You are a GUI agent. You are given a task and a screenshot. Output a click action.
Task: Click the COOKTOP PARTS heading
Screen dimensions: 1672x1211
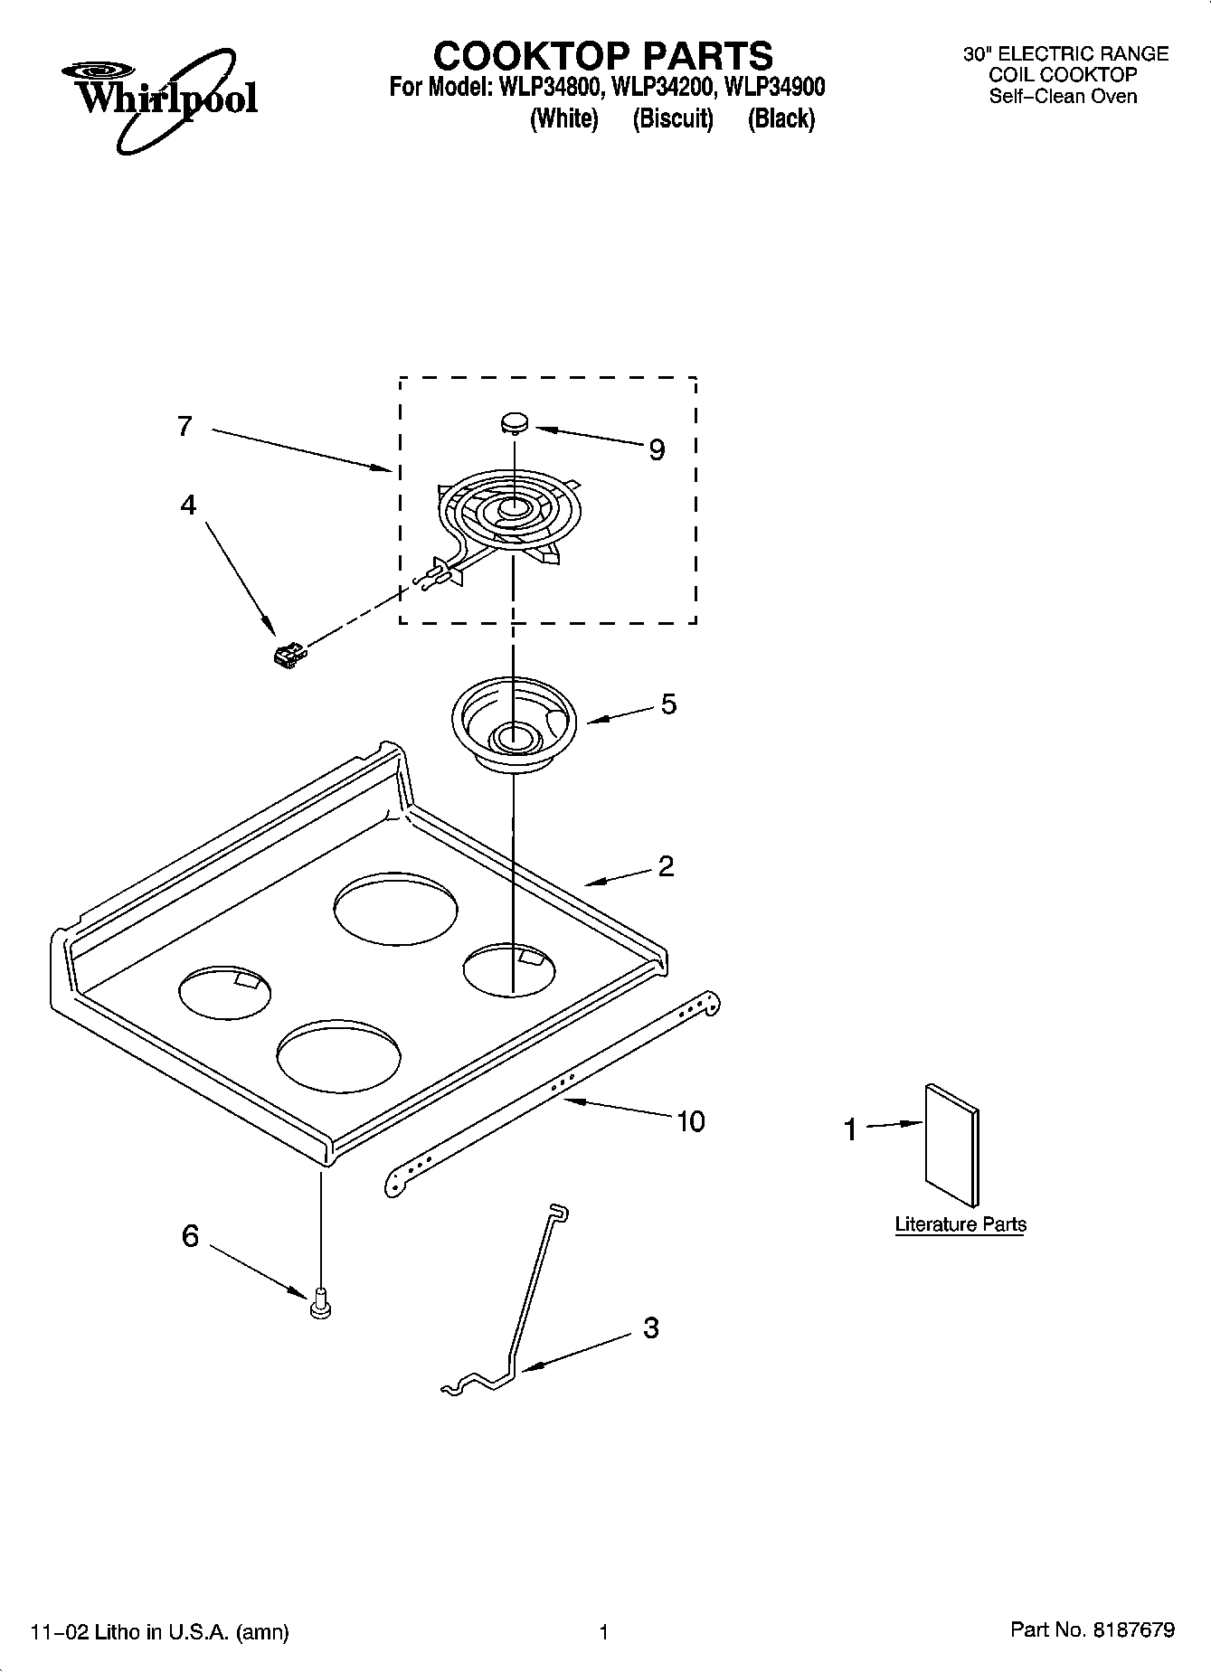[603, 56]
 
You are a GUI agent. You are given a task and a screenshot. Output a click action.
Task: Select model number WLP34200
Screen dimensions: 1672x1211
[660, 88]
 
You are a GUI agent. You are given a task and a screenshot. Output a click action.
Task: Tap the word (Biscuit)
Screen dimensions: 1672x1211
[673, 118]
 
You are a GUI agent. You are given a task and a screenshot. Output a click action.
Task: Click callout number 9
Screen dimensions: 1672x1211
[657, 449]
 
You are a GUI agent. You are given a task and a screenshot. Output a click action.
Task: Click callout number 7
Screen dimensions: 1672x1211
[184, 426]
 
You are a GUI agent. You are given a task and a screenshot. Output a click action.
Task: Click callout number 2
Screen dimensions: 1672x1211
[666, 866]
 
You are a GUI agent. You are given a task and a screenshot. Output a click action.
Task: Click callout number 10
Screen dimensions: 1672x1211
[690, 1121]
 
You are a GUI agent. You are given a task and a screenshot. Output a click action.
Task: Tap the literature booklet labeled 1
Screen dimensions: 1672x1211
[951, 1145]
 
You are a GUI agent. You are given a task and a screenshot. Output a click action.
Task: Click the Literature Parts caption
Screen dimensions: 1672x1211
[960, 1224]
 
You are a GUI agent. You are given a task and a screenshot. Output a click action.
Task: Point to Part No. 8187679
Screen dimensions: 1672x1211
[1092, 1629]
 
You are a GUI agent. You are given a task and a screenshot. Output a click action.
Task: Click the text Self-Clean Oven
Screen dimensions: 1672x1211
[1063, 97]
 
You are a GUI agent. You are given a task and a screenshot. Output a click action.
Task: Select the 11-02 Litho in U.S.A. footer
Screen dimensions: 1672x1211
[160, 1631]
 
